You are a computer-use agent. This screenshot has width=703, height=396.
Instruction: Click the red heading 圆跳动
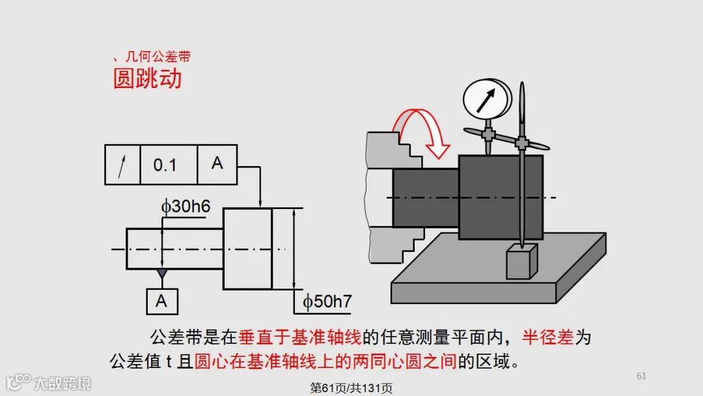coord(147,78)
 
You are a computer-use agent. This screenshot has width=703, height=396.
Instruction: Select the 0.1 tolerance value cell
coord(165,165)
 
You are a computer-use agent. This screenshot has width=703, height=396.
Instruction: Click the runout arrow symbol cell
coord(122,165)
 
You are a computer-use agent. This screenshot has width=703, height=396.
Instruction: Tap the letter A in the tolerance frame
coord(217,163)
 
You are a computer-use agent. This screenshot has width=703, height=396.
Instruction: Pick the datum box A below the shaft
coord(161,300)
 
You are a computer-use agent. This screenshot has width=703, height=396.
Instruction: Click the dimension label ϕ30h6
coord(186,206)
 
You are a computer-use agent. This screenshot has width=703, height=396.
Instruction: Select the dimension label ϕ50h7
coord(327,302)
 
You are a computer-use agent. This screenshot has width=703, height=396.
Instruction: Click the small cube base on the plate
coord(521,261)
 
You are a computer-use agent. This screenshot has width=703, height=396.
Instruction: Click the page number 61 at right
coord(641,376)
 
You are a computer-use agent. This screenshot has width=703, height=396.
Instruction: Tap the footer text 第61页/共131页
coord(351,388)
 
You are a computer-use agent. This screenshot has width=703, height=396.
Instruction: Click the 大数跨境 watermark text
coord(62,382)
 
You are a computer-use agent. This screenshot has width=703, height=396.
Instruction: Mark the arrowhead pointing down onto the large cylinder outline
coord(260,203)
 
